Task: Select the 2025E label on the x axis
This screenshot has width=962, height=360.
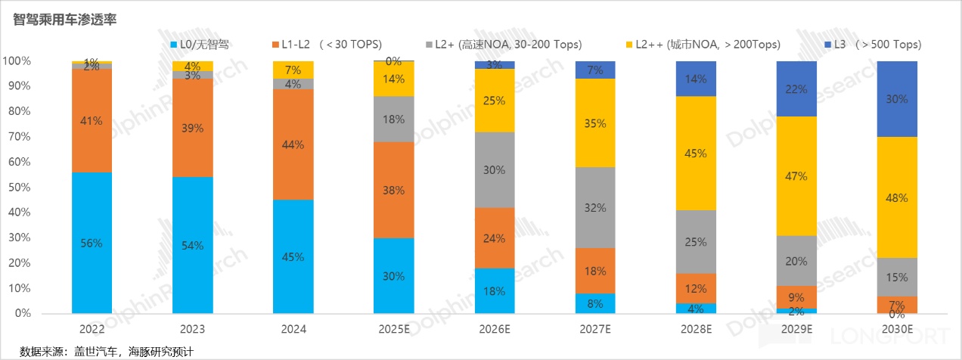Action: point(393,329)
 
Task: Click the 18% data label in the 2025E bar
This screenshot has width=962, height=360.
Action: point(393,119)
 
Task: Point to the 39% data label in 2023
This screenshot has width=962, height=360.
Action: point(192,128)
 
